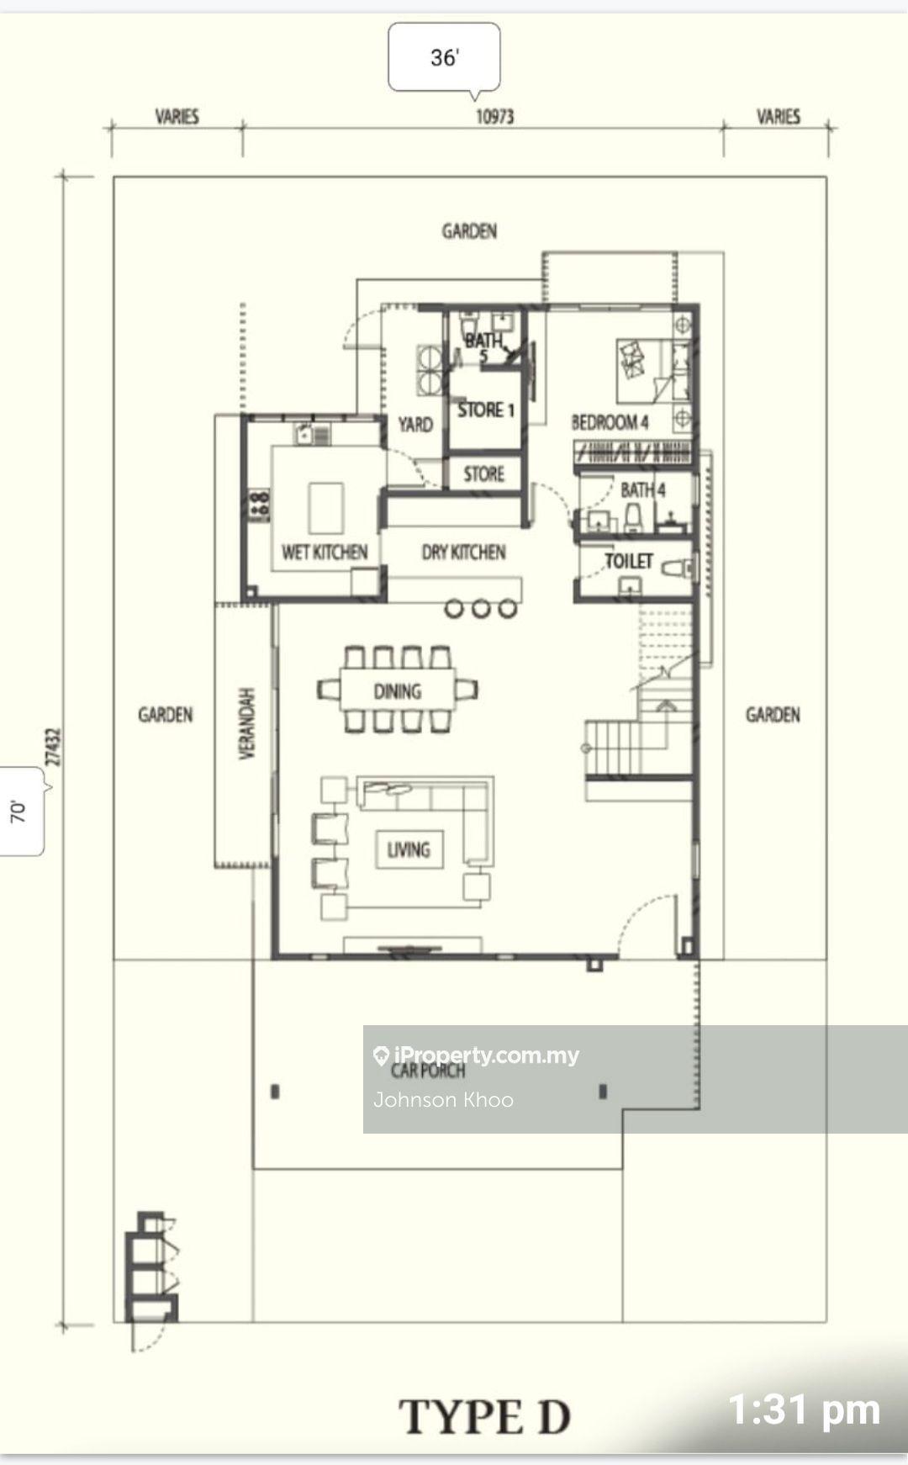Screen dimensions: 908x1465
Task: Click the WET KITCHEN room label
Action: click(325, 553)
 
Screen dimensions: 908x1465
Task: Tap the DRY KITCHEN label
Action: click(463, 553)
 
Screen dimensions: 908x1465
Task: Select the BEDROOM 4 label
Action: click(610, 422)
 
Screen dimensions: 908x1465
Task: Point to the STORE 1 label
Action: click(486, 410)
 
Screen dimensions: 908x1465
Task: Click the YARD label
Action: click(415, 425)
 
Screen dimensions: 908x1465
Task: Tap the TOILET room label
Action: click(629, 561)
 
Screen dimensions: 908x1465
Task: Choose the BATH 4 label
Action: click(643, 489)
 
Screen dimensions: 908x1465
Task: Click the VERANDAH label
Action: click(247, 724)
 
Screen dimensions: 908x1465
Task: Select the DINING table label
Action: click(398, 691)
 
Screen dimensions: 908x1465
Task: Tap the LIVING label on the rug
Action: click(409, 849)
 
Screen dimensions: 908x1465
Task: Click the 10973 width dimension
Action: click(494, 117)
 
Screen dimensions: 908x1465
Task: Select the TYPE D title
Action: click(485, 1417)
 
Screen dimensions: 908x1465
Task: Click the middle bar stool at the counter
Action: click(481, 607)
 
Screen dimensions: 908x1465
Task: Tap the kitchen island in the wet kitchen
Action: click(326, 507)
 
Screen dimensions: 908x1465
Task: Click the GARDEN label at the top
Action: click(469, 230)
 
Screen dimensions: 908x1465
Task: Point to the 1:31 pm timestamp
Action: click(805, 1410)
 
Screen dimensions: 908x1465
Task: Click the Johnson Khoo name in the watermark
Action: click(443, 1100)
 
